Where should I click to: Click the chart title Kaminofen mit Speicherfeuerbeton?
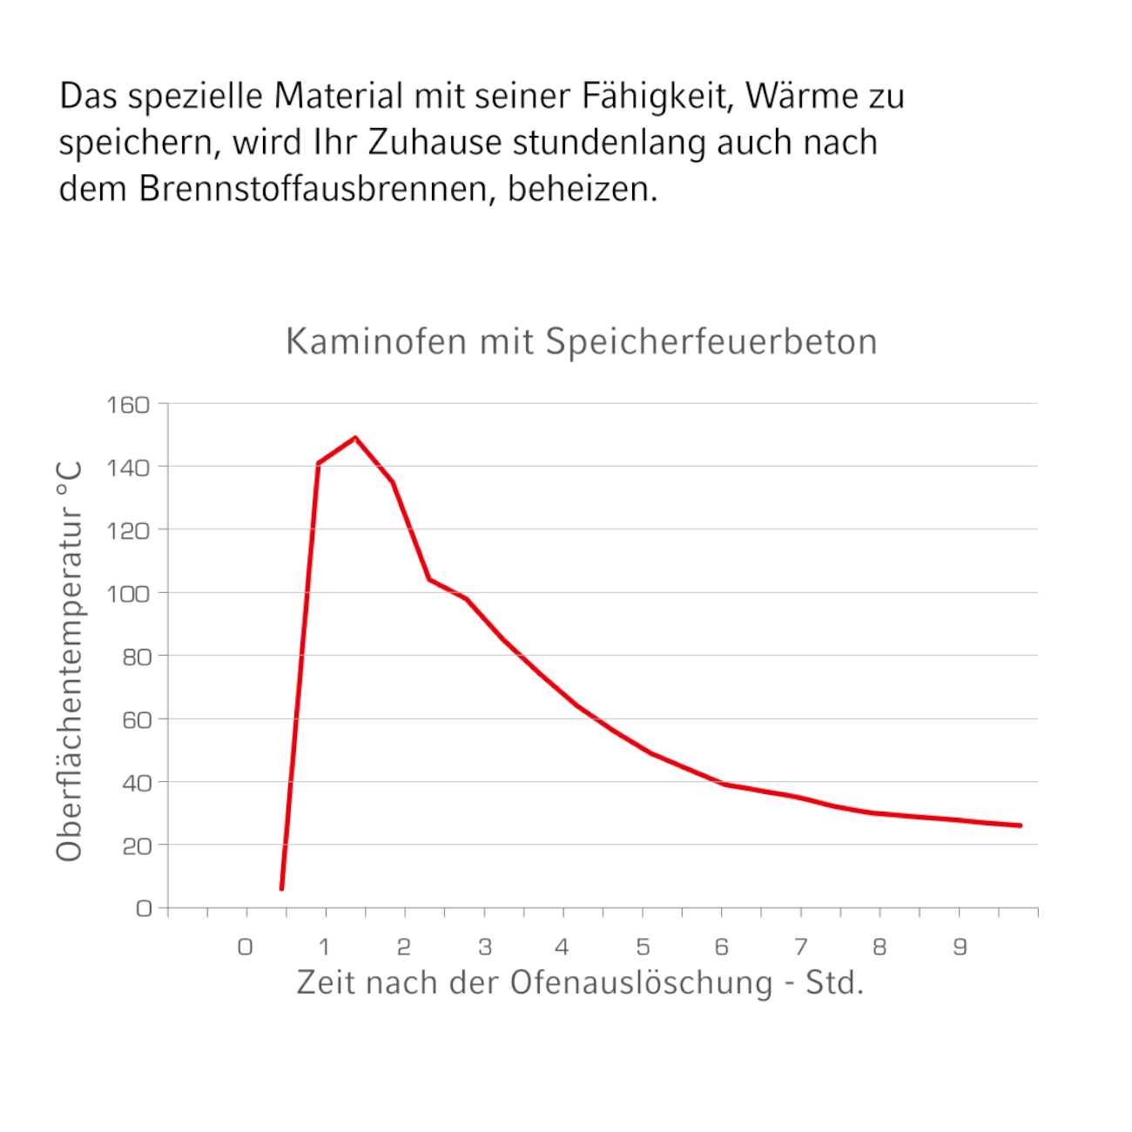coord(581,341)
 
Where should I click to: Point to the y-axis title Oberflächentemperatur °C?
coord(70,662)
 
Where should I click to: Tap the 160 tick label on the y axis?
coord(128,405)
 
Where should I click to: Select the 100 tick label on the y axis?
coord(128,594)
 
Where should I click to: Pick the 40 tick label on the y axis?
coord(137,783)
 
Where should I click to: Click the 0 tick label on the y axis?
coord(144,909)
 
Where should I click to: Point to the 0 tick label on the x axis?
coord(246,947)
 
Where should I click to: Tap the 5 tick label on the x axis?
coord(643,947)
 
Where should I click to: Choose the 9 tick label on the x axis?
coord(960,947)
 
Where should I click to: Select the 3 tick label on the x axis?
coord(485,947)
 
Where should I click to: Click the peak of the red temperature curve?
coord(355,438)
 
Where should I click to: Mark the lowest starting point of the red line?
coord(281,888)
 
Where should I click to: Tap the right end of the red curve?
coord(1020,825)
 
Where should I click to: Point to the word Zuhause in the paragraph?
coord(435,143)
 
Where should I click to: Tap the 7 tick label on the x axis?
coord(801,947)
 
